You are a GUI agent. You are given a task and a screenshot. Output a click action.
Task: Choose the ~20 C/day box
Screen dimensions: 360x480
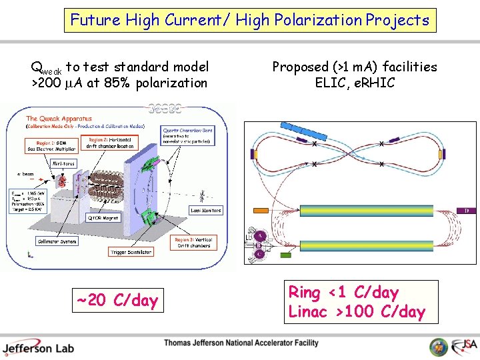pos(117,301)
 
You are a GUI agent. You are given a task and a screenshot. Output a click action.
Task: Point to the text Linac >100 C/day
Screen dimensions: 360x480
pos(357,311)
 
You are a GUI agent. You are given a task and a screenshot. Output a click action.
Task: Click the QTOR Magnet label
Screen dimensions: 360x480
pos(104,217)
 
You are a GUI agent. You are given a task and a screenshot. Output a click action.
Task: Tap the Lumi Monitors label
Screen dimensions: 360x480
pos(205,210)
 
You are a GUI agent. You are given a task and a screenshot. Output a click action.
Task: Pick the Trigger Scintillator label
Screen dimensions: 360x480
pos(131,252)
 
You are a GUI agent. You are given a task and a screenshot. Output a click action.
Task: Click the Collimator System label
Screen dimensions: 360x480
pos(58,241)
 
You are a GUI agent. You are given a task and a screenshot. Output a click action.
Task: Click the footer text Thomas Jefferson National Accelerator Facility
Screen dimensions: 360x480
pos(241,343)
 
